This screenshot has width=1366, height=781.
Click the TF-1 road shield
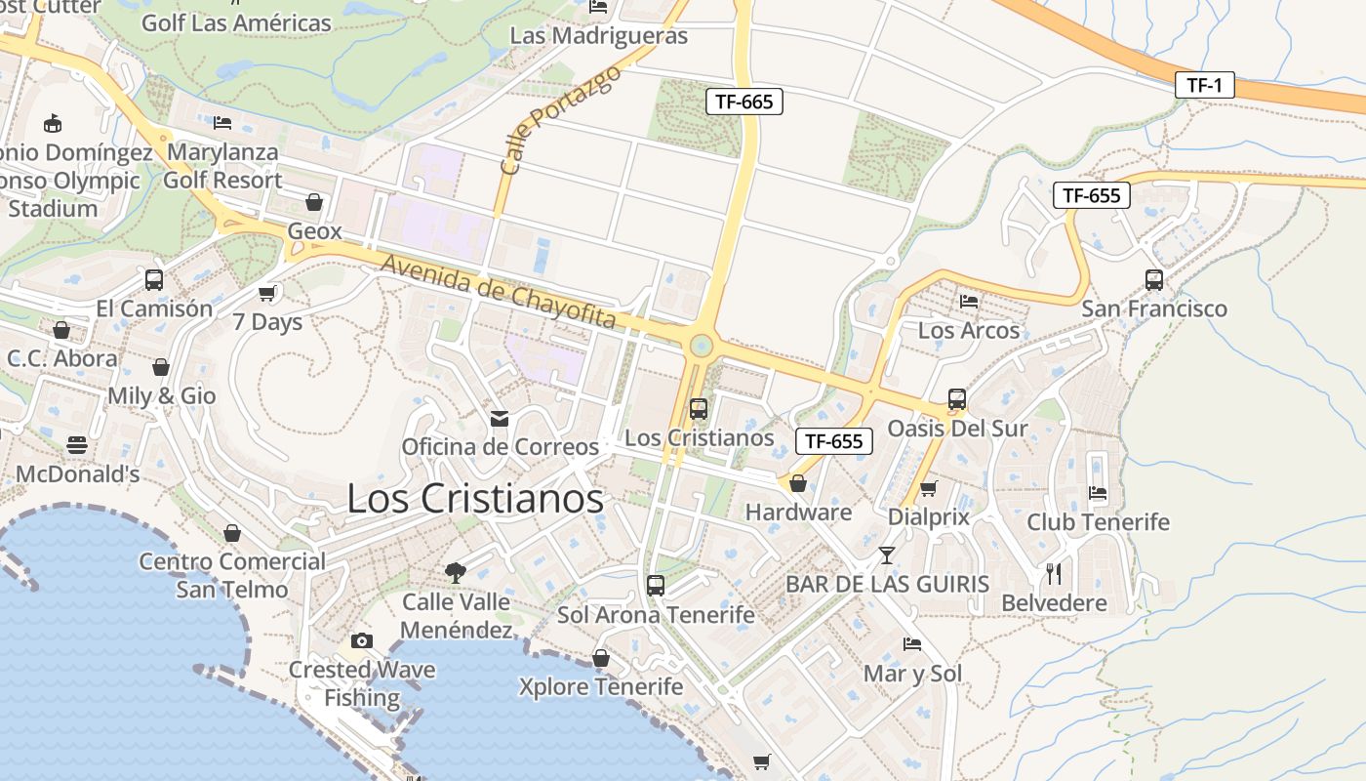[x=1204, y=85]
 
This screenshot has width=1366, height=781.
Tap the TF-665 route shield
[x=744, y=101]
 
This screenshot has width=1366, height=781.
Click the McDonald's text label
[x=78, y=474]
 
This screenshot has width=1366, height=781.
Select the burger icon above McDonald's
[x=77, y=445]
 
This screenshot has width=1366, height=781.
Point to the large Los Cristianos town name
[x=475, y=499]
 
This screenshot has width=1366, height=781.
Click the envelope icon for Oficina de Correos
[x=500, y=419]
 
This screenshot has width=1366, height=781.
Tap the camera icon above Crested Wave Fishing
[x=362, y=640]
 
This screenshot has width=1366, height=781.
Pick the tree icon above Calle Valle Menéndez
[x=455, y=572]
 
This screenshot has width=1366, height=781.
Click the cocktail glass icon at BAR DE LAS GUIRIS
[x=886, y=555]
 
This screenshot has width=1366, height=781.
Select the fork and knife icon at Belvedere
[x=1054, y=573]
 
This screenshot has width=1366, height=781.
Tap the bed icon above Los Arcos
[x=968, y=301]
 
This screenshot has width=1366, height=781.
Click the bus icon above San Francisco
[x=1154, y=279]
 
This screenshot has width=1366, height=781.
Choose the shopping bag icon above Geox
[x=314, y=202]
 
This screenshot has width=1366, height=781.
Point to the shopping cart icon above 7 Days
[x=267, y=293]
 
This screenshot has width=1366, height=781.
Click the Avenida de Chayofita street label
[x=498, y=292]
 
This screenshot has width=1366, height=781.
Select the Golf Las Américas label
[x=236, y=22]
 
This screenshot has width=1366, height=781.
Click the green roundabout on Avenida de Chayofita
[x=700, y=345]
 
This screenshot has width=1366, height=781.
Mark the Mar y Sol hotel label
[x=912, y=674]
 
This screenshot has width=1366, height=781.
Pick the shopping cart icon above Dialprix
[x=929, y=487]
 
